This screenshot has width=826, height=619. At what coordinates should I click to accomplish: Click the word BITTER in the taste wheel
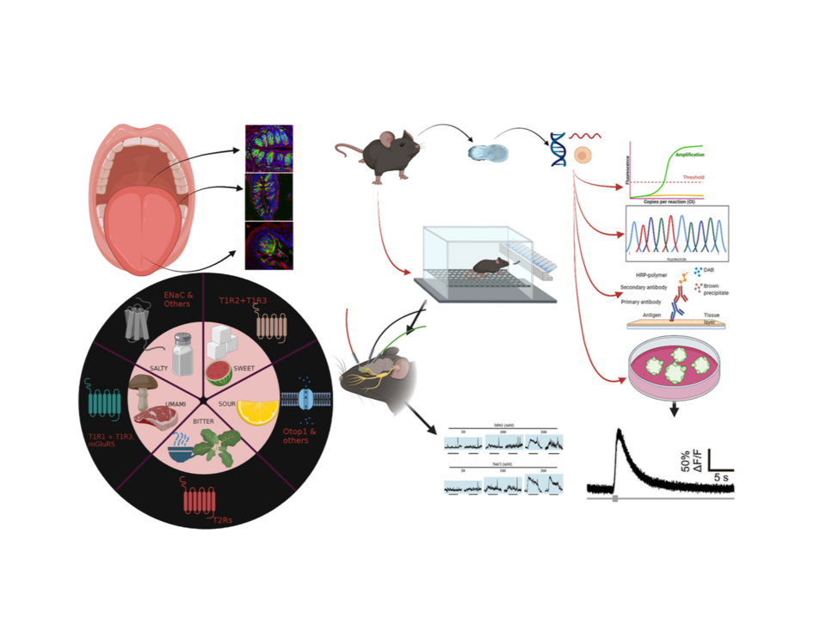[x=197, y=421]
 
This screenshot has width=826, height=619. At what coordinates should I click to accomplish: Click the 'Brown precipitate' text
[x=717, y=291]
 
